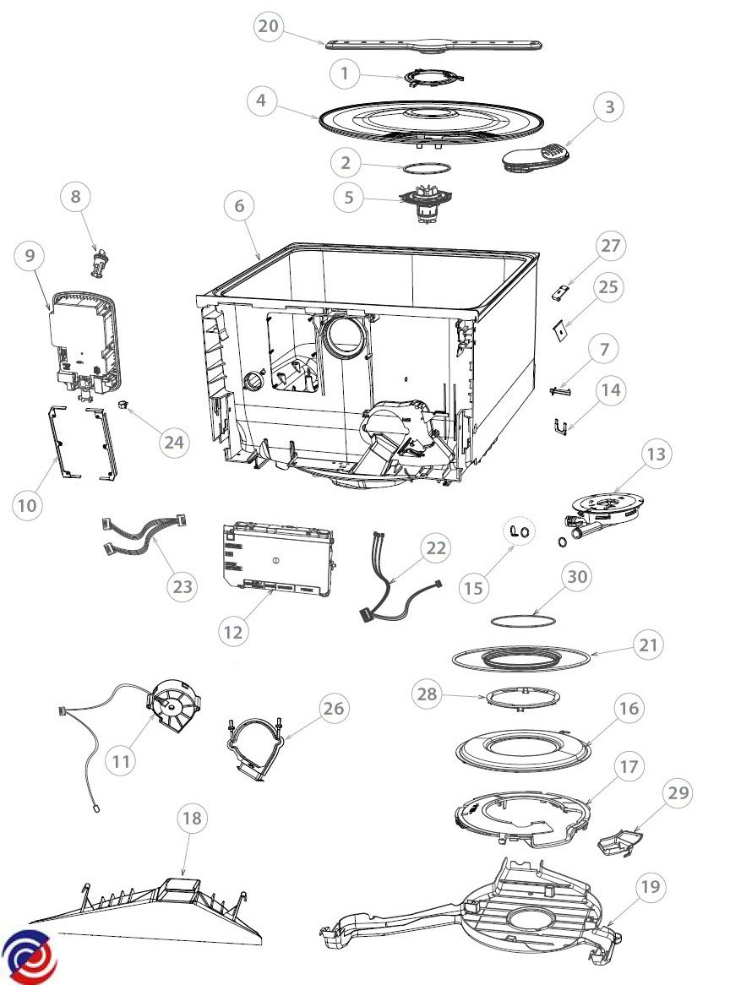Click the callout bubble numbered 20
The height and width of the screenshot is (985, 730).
pyautogui.click(x=268, y=26)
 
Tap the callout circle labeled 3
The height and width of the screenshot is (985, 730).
pyautogui.click(x=609, y=107)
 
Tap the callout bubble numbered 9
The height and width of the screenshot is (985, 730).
pyautogui.click(x=30, y=257)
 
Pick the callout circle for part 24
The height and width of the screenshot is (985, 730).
pyautogui.click(x=175, y=444)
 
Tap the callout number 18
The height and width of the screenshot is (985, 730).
pyautogui.click(x=193, y=819)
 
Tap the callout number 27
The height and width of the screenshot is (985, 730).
pyautogui.click(x=610, y=248)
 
